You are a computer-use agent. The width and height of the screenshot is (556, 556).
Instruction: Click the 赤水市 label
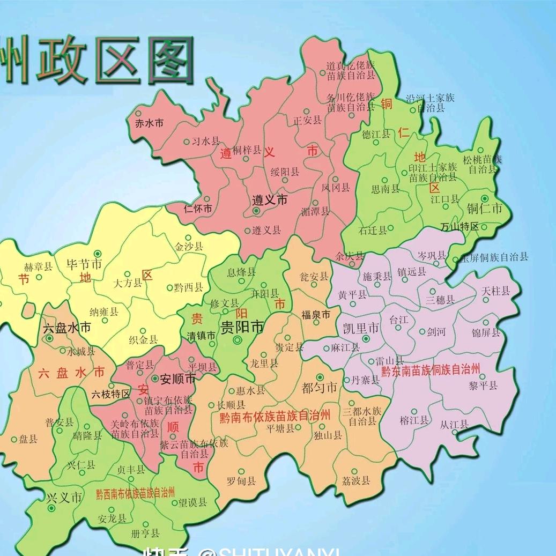pyautogui.click(x=149, y=123)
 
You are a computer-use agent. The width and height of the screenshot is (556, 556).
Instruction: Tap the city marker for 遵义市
pyautogui.click(x=256, y=211)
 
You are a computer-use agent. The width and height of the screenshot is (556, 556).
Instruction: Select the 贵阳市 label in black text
pyautogui.click(x=242, y=327)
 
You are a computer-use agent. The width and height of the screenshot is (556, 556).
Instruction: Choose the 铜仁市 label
pyautogui.click(x=484, y=209)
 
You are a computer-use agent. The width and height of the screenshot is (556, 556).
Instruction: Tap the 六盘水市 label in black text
pyautogui.click(x=66, y=327)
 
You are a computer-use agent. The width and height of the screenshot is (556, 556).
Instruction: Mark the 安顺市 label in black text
pyautogui.click(x=178, y=378)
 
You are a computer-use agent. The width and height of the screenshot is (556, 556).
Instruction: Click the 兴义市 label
pyautogui.click(x=64, y=497)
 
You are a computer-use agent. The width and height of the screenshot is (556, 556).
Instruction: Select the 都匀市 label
pyautogui.click(x=320, y=387)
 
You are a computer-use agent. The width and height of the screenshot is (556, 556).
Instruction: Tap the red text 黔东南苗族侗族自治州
pyautogui.click(x=429, y=369)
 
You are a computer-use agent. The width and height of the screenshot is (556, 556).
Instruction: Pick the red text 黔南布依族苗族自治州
pyautogui.click(x=275, y=416)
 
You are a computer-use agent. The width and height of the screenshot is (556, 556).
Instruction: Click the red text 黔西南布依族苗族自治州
pyautogui.click(x=135, y=493)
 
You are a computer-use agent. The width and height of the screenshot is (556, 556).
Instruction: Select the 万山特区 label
pyautogui.click(x=459, y=226)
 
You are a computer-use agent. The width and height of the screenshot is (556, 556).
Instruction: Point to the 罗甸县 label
pyautogui.click(x=241, y=481)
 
